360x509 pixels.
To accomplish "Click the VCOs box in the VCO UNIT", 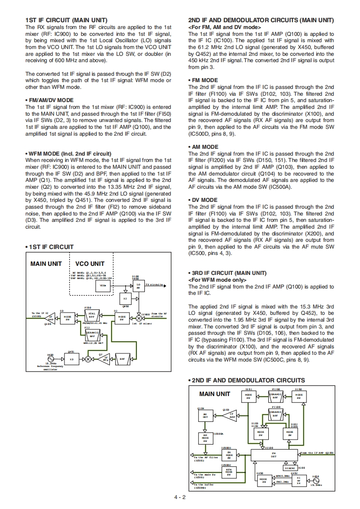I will point(103,286).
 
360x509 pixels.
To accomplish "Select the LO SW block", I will point(138,285).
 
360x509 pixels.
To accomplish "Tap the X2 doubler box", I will point(125,299).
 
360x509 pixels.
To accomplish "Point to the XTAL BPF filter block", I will point(92,315).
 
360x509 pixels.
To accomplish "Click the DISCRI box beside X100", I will point(290,468).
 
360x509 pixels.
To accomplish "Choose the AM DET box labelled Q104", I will point(205,416).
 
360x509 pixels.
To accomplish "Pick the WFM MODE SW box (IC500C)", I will point(229,472).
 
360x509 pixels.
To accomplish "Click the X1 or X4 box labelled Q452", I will point(298,480).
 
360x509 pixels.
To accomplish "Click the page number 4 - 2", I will point(180,497).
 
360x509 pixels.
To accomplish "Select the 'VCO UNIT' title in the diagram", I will point(89,264).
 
